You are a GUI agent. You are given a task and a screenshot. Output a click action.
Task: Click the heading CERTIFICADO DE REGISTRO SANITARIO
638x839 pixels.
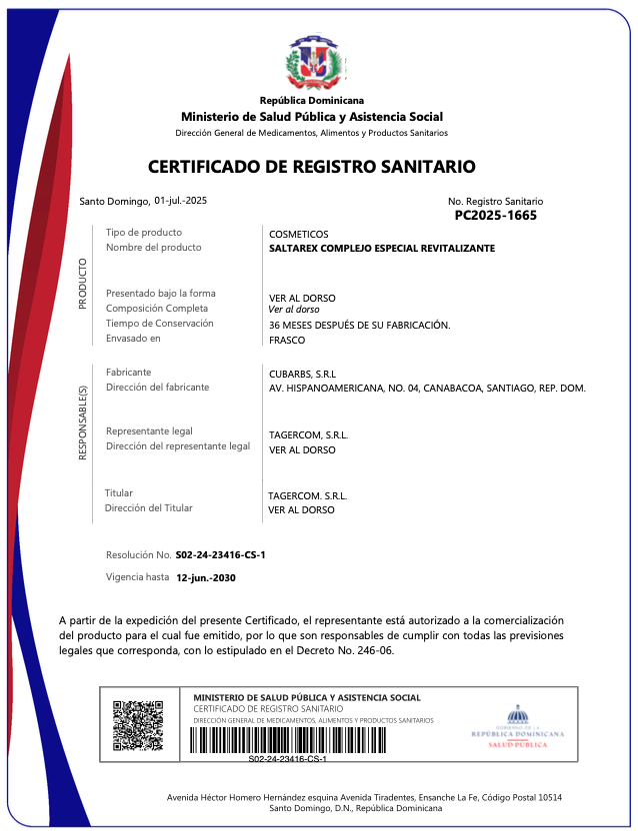point(312,167)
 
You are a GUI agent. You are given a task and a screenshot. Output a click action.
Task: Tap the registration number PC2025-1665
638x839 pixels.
point(495,215)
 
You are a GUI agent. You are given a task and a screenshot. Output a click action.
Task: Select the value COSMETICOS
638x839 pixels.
point(297,234)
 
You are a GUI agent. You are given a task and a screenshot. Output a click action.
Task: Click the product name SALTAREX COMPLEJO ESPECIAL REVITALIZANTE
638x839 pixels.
point(382,248)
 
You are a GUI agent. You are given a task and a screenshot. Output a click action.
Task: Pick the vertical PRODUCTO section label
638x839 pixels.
point(83,284)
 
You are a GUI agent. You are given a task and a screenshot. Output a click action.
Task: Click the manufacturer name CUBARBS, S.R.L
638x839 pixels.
point(303,374)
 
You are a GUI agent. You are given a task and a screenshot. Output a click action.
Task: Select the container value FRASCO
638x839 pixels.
point(287,340)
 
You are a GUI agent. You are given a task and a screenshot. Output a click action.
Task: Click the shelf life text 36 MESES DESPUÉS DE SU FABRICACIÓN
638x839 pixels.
point(360,326)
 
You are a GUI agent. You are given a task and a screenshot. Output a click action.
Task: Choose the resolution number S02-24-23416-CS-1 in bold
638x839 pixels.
point(220,554)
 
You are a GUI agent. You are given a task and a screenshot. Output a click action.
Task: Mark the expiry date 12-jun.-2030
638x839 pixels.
point(206,578)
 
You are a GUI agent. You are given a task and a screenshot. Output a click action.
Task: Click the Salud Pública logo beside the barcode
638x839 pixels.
point(517,726)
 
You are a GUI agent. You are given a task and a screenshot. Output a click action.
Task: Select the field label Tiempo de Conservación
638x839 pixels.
point(160,324)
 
